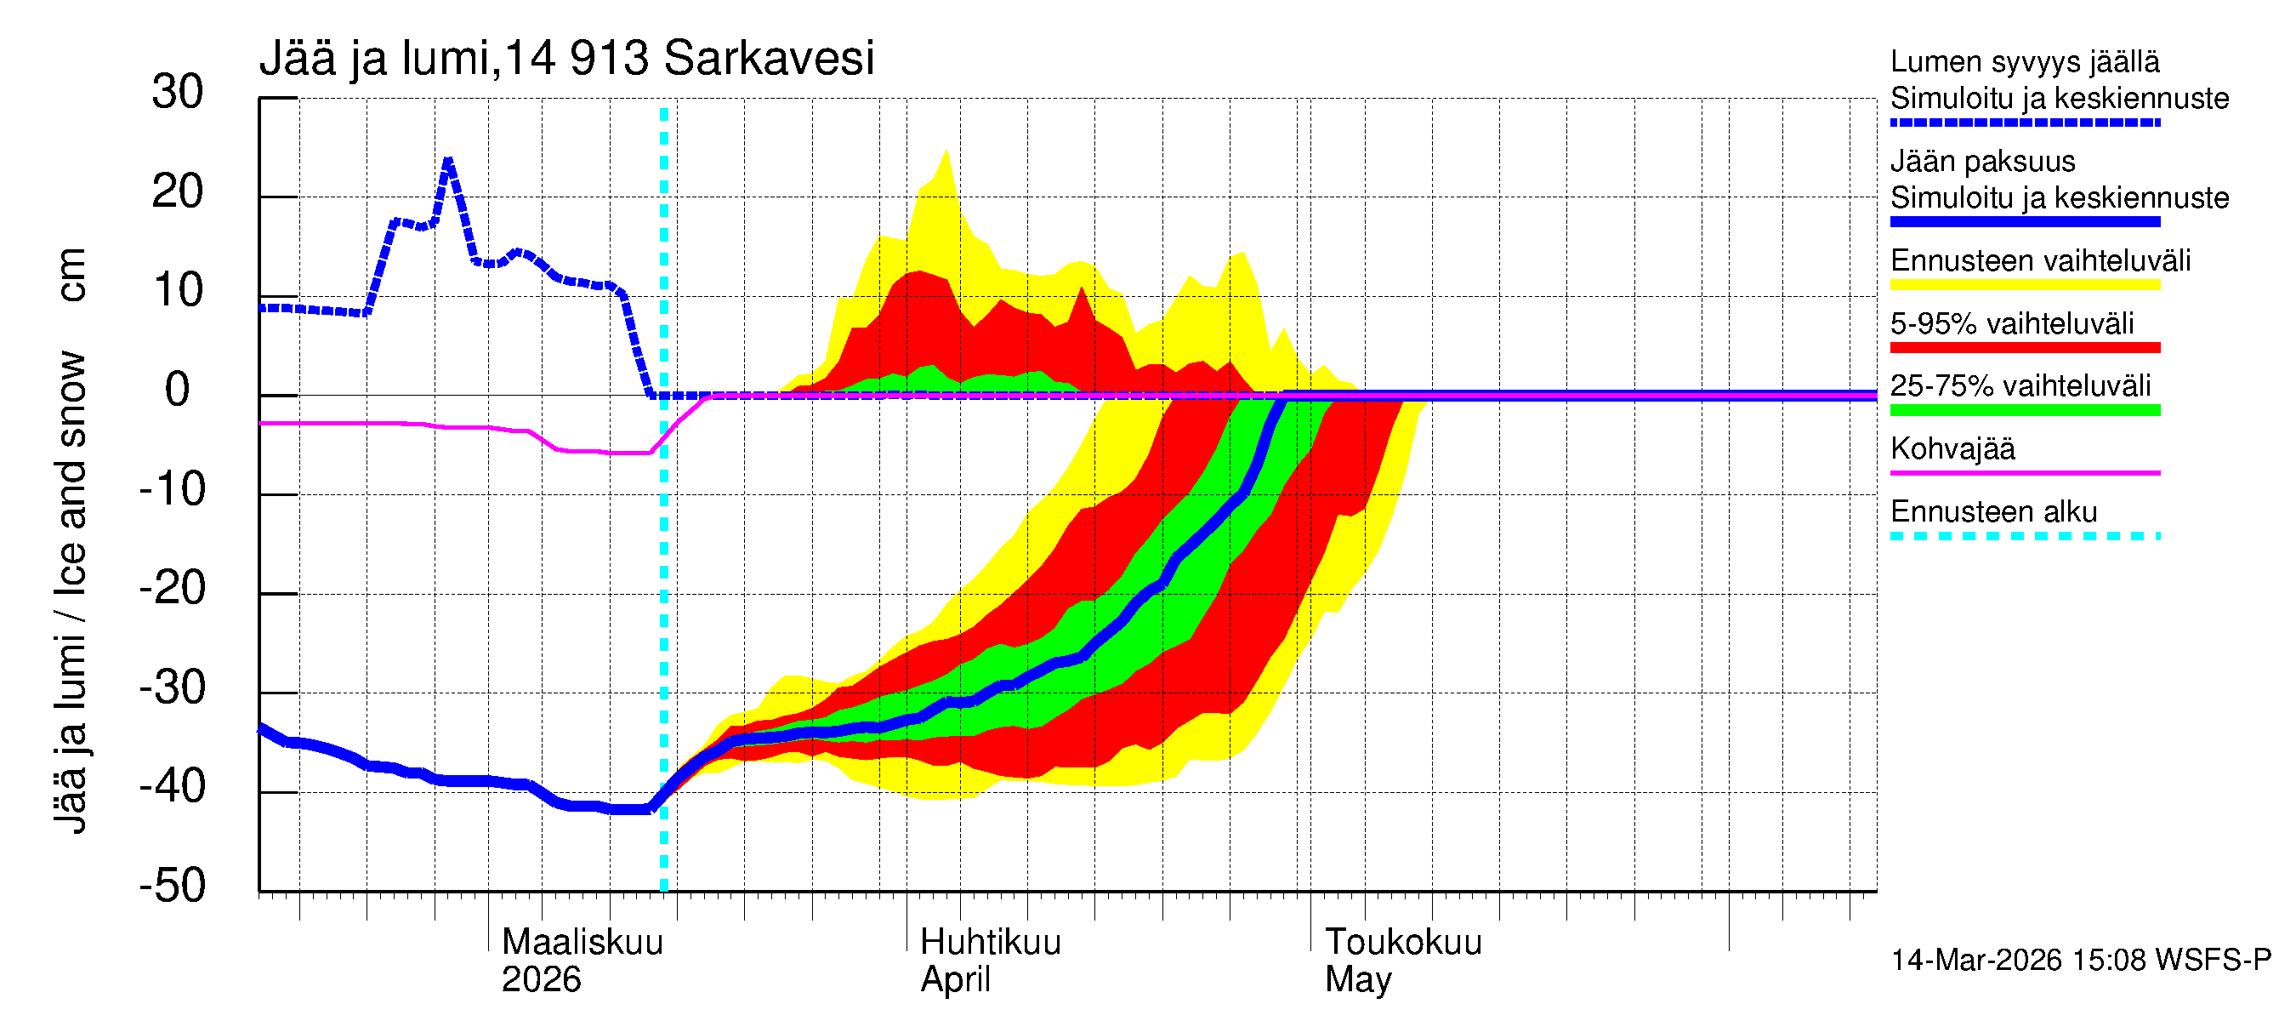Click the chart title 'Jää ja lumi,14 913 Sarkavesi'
[567, 59]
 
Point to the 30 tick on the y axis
[178, 92]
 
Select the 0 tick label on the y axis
[178, 390]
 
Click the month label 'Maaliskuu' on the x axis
[582, 943]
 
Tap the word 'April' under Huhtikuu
[955, 980]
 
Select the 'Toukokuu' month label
[1403, 943]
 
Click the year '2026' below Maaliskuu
[541, 980]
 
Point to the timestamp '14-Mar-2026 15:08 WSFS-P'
[2080, 961]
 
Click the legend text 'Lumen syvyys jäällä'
[2024, 61]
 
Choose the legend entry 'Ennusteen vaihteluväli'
[2040, 260]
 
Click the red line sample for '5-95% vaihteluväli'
[2024, 348]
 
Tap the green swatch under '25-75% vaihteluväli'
[2024, 410]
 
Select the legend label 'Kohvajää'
[1952, 448]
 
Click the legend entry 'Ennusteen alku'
[1993, 512]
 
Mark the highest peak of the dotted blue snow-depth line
[448, 161]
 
